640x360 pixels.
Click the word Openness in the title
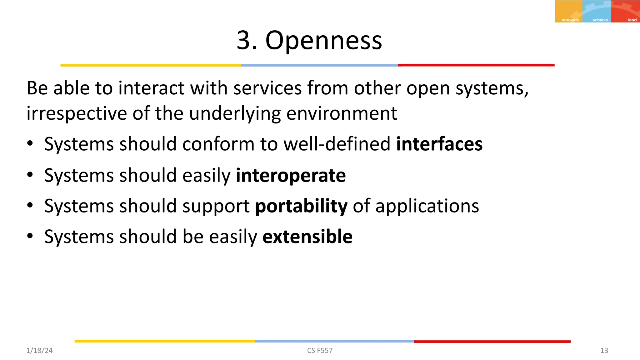323,41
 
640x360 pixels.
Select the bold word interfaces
439,144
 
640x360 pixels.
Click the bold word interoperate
291,175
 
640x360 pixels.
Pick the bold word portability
301,206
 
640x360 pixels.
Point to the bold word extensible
307,237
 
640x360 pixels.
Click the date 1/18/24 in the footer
39,351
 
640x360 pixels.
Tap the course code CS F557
320,351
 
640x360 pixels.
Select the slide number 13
604,351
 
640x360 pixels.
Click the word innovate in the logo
570,20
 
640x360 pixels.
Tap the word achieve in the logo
600,20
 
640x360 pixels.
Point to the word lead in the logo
632,20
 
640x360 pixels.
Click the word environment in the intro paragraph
342,113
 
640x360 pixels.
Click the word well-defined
337,144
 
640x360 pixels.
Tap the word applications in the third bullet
427,206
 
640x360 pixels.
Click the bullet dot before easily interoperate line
30,175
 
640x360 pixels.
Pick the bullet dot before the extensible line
30,236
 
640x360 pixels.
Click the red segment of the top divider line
476,65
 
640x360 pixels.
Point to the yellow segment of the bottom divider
165,341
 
